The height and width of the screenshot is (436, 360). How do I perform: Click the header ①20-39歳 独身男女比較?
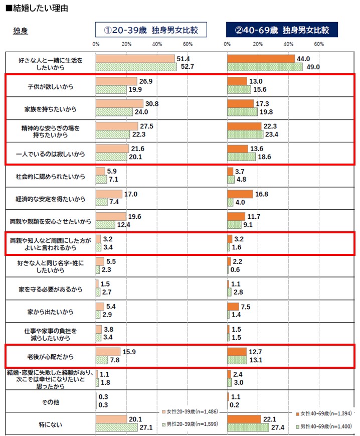(x=151, y=30)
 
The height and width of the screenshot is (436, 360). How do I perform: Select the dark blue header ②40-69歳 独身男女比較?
(x=282, y=30)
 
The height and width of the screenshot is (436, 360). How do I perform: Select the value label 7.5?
(x=246, y=307)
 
